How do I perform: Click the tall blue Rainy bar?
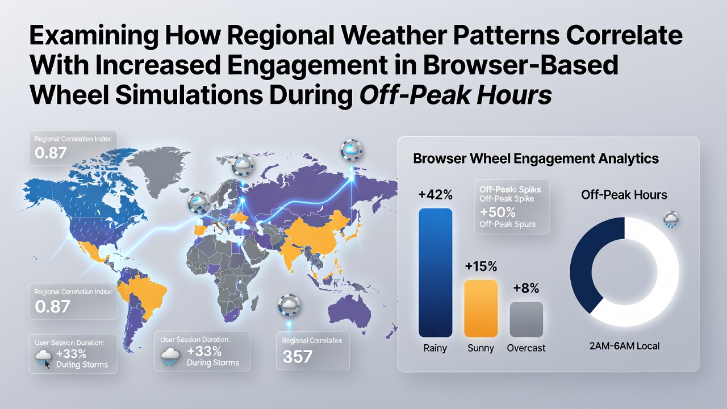click(435, 273)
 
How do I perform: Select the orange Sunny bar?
click(481, 308)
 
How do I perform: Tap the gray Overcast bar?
click(526, 319)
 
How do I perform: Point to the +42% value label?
click(436, 195)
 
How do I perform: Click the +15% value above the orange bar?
click(481, 266)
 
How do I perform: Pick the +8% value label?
click(526, 288)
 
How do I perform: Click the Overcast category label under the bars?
click(526, 348)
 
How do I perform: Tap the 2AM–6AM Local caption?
click(624, 346)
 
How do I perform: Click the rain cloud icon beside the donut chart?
click(671, 220)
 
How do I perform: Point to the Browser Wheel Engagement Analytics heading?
click(536, 158)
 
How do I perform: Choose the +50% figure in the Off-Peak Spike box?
click(498, 212)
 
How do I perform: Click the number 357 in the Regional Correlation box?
click(298, 356)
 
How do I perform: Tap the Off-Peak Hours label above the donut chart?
click(624, 195)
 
